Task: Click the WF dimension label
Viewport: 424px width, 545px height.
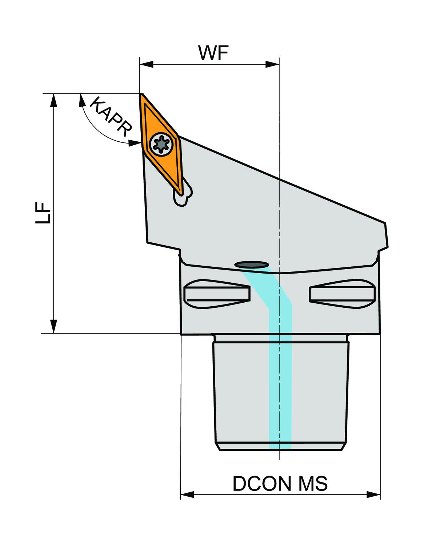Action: (213, 53)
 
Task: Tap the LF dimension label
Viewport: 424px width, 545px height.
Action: (43, 213)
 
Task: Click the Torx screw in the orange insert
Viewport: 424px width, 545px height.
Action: (160, 144)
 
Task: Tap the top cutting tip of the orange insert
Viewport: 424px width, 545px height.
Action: (140, 94)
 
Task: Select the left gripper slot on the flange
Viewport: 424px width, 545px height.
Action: (217, 294)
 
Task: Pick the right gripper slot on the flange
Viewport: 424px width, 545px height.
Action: (343, 294)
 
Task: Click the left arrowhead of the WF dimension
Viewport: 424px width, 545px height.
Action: (146, 64)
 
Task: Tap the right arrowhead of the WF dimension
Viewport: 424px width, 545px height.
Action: (273, 64)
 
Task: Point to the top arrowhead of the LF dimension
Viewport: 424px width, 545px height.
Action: (54, 100)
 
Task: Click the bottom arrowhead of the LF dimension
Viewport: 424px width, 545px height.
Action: (54, 327)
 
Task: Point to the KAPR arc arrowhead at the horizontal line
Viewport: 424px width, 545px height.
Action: (81, 100)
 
